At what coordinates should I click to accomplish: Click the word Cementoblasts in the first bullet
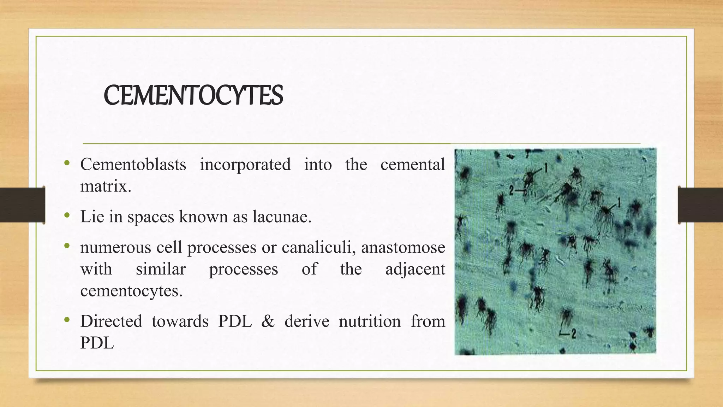(x=133, y=164)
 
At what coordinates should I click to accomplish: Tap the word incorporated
(x=245, y=164)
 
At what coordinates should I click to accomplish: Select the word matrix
(x=105, y=186)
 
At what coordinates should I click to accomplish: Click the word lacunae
(x=282, y=217)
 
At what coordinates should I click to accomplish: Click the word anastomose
(x=403, y=247)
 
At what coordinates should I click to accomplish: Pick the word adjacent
(x=415, y=269)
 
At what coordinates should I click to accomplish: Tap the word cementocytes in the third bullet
(x=131, y=291)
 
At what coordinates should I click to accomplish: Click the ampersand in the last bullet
(x=268, y=321)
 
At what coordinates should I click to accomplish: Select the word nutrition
(x=370, y=321)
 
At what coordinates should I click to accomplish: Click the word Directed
(x=111, y=321)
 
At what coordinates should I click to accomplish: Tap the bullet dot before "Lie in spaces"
(x=67, y=215)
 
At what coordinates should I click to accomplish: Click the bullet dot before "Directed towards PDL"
(x=67, y=320)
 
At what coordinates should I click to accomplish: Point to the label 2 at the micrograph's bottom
(x=573, y=333)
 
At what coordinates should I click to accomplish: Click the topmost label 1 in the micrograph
(x=545, y=168)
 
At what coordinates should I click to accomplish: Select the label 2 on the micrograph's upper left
(x=511, y=191)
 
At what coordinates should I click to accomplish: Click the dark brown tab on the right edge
(x=700, y=205)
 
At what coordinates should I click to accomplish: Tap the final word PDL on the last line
(x=97, y=343)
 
